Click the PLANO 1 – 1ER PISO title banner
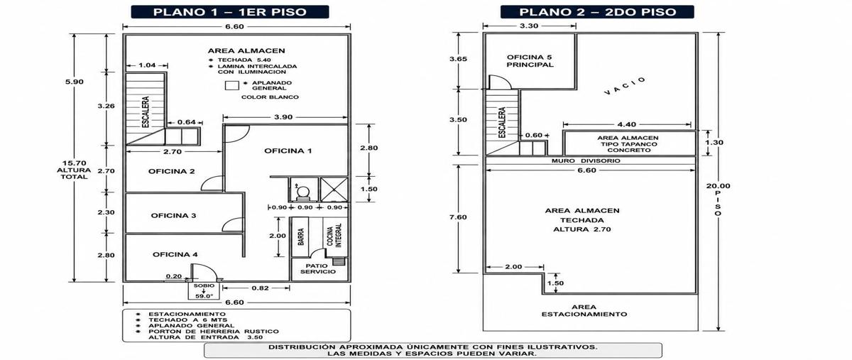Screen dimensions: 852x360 230,12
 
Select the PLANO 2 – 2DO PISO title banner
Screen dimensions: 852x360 597,12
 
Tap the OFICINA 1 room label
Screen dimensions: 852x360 288,151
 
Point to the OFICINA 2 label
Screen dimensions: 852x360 172,171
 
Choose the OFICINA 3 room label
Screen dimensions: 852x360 173,216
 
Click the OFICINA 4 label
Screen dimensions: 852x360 175,255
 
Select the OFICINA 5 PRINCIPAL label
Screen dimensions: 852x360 530,61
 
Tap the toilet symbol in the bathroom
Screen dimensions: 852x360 303,192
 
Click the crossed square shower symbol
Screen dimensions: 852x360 334,189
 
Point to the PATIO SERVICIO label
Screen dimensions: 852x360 318,268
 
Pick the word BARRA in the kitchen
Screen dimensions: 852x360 301,236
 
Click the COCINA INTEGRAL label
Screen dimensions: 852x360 334,235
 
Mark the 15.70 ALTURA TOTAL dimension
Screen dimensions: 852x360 74,170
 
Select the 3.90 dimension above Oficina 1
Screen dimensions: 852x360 283,117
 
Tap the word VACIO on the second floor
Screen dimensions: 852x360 625,86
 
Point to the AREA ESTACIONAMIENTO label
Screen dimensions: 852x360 584,310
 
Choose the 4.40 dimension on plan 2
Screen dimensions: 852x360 626,124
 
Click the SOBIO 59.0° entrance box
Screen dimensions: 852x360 204,290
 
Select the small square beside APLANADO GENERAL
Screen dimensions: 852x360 231,86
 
